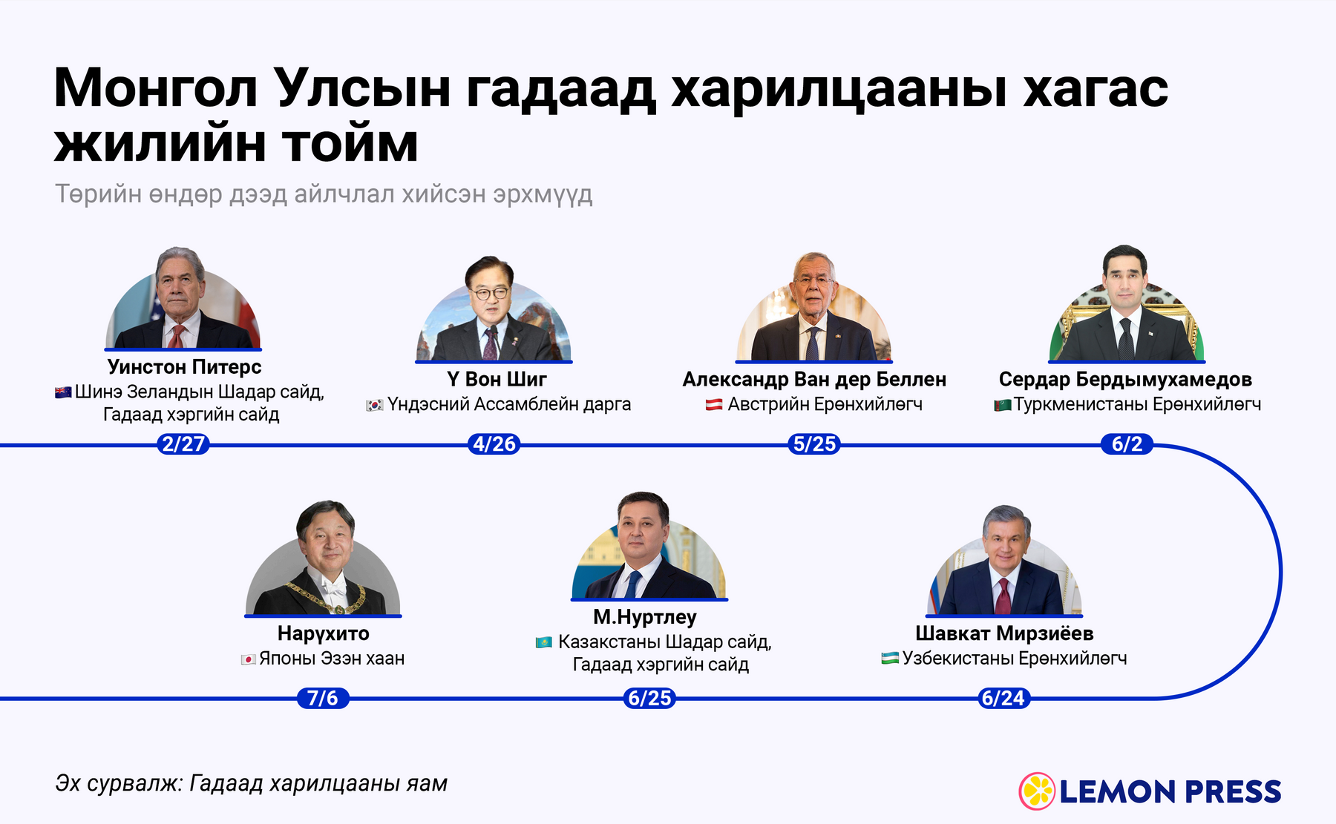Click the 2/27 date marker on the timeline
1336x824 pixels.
[183, 444]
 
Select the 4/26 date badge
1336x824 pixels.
[494, 444]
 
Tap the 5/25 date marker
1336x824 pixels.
[814, 444]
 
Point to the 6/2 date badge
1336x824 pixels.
[1127, 444]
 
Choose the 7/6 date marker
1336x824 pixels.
[323, 698]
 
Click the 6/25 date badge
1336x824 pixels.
[649, 698]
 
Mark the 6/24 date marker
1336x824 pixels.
[1003, 698]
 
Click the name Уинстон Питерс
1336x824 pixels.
[184, 366]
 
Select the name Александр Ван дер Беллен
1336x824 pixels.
[814, 379]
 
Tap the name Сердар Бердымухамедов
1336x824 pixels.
[1125, 379]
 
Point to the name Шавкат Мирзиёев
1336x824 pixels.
[1004, 633]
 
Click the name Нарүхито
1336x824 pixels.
[323, 633]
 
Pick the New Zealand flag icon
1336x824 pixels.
[63, 392]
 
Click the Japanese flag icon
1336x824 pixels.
[249, 659]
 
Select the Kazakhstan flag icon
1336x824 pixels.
[544, 642]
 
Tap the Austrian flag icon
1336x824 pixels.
[714, 404]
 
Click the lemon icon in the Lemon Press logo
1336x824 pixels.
[1037, 791]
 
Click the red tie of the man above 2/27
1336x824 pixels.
[176, 336]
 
